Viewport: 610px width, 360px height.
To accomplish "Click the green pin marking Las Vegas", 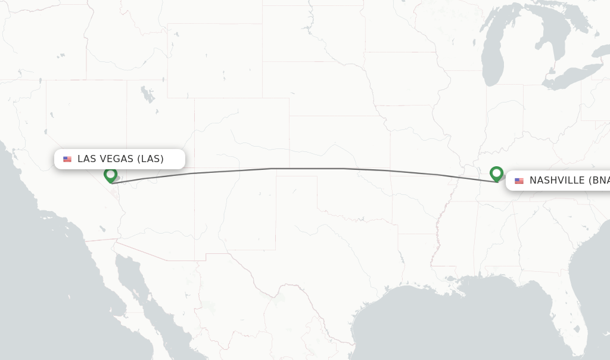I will [110, 175].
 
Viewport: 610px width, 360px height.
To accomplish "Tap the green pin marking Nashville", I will [496, 173].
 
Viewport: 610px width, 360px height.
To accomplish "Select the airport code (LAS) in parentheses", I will [150, 159].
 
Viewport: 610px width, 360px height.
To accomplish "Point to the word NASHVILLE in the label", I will [557, 181].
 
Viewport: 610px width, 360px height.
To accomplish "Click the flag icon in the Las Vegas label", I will [67, 159].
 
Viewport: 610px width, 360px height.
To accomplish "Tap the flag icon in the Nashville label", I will [519, 181].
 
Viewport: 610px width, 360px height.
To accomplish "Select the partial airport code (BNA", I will [599, 181].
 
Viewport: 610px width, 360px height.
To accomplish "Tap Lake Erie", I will [563, 80].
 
